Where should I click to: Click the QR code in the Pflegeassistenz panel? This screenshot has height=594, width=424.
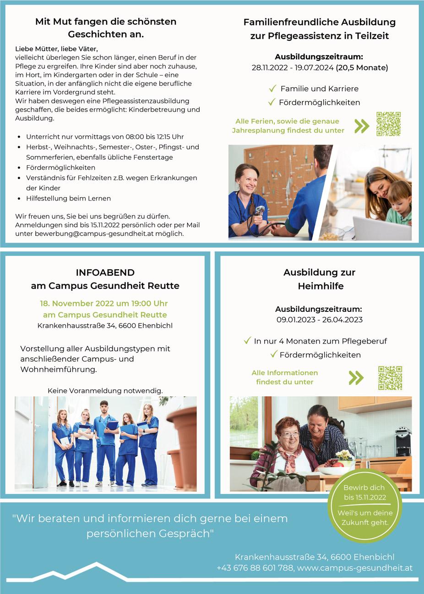pyautogui.click(x=388, y=124)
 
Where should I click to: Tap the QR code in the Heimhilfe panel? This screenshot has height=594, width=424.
pyautogui.click(x=390, y=378)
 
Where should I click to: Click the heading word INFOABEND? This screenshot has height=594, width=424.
pyautogui.click(x=105, y=272)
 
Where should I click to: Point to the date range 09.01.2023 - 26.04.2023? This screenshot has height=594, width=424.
pyautogui.click(x=319, y=320)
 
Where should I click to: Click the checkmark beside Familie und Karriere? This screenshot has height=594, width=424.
pyautogui.click(x=272, y=88)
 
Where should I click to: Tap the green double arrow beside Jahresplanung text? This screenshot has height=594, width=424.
pyautogui.click(x=362, y=126)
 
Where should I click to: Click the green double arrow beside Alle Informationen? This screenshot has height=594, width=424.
pyautogui.click(x=356, y=377)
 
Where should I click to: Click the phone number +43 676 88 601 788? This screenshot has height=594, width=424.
pyautogui.click(x=255, y=568)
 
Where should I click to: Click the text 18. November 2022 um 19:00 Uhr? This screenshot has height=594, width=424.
pyautogui.click(x=104, y=304)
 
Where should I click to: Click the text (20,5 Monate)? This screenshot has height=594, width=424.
pyautogui.click(x=362, y=68)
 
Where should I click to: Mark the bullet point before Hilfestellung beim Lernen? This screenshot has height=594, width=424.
pyautogui.click(x=18, y=199)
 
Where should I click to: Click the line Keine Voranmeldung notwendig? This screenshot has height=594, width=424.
pyautogui.click(x=105, y=391)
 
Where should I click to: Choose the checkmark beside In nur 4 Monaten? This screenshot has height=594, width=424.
pyautogui.click(x=247, y=341)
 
